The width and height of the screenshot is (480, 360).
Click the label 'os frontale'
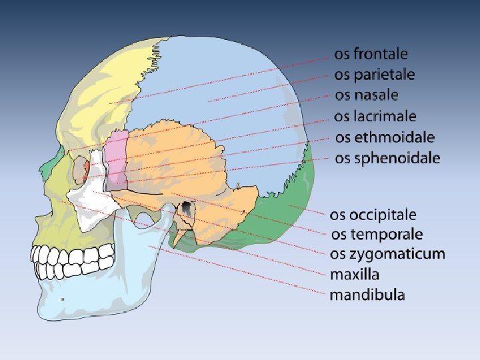[x=371, y=53]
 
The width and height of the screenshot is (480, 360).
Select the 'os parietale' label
[x=374, y=74]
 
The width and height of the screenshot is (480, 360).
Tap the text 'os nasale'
[x=366, y=95]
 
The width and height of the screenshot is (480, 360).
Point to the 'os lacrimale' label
[x=375, y=116]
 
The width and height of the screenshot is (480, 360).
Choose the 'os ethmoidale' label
[x=385, y=137]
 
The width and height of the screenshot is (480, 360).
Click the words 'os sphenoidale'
[x=387, y=158]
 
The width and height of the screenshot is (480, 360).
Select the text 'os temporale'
[x=377, y=234]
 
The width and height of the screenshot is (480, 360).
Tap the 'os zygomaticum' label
[x=387, y=253]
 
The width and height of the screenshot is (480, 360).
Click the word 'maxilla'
[x=355, y=274]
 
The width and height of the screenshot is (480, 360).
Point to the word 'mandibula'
[x=367, y=294]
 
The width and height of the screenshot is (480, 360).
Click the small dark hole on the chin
[x=62, y=300]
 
